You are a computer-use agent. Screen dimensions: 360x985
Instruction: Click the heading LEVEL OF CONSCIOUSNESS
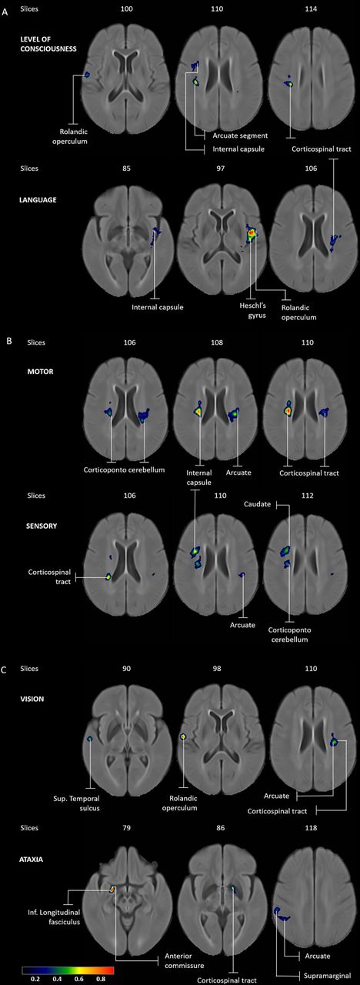tap(48, 44)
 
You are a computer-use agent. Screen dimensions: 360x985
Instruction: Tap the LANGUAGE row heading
tap(38, 199)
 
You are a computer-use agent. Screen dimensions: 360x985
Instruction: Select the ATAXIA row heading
tap(32, 859)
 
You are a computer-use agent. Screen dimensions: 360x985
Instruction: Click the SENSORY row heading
tap(42, 526)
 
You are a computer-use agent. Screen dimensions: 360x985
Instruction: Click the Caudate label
tap(257, 504)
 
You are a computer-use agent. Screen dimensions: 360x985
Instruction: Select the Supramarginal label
tap(327, 976)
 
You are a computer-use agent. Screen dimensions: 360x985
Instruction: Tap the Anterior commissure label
tap(184, 960)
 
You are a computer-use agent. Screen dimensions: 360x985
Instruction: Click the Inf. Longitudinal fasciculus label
tap(54, 917)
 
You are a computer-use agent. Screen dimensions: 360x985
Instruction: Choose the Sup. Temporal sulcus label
tap(76, 803)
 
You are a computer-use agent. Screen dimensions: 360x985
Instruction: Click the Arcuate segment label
tap(240, 135)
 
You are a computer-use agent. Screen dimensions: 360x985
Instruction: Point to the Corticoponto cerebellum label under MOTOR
tap(125, 469)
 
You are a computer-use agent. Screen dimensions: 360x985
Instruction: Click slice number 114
tap(311, 8)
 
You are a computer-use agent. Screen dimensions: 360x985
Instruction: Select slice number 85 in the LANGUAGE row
tap(126, 168)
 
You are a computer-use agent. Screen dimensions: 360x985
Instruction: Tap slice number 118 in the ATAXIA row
tap(311, 827)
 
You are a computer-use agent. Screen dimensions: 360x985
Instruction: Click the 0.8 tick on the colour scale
tap(101, 980)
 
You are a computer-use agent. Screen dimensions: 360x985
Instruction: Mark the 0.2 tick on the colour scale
tap(35, 980)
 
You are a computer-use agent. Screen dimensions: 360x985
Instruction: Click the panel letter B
tap(9, 340)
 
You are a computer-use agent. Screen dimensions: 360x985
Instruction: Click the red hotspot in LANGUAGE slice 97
tap(251, 232)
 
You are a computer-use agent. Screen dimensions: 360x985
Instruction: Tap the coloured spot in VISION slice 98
tap(183, 736)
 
